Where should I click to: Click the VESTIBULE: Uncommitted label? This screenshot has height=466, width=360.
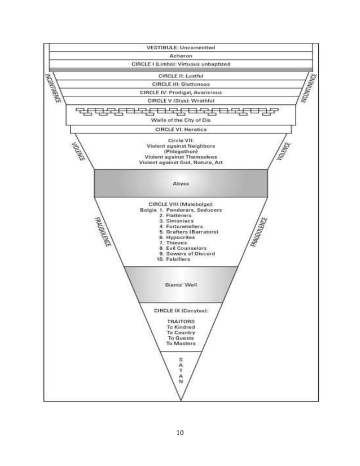click(x=180, y=47)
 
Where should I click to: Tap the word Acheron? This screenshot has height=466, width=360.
click(x=180, y=56)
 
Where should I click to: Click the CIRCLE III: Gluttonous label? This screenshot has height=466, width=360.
click(x=180, y=83)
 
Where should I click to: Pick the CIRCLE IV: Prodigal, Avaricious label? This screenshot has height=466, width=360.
click(x=180, y=92)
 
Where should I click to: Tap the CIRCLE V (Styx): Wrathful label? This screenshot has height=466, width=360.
click(x=180, y=100)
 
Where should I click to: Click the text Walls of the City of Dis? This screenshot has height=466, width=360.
click(x=180, y=120)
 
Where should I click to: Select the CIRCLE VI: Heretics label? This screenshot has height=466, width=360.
click(x=180, y=129)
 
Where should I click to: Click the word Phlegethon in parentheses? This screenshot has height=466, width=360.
click(x=180, y=151)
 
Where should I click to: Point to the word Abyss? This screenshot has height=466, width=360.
click(x=180, y=183)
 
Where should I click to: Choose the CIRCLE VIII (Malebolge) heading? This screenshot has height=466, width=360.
click(x=180, y=204)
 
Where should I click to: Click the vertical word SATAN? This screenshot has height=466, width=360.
click(x=180, y=370)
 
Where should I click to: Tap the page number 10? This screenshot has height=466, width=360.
click(x=180, y=433)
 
